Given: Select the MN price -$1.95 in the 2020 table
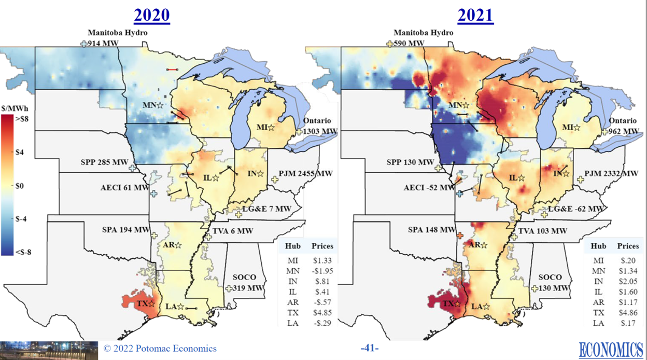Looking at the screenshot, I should click(x=322, y=270).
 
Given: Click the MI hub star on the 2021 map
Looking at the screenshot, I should click(x=578, y=127).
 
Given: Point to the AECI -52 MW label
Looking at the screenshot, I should click(x=428, y=187).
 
